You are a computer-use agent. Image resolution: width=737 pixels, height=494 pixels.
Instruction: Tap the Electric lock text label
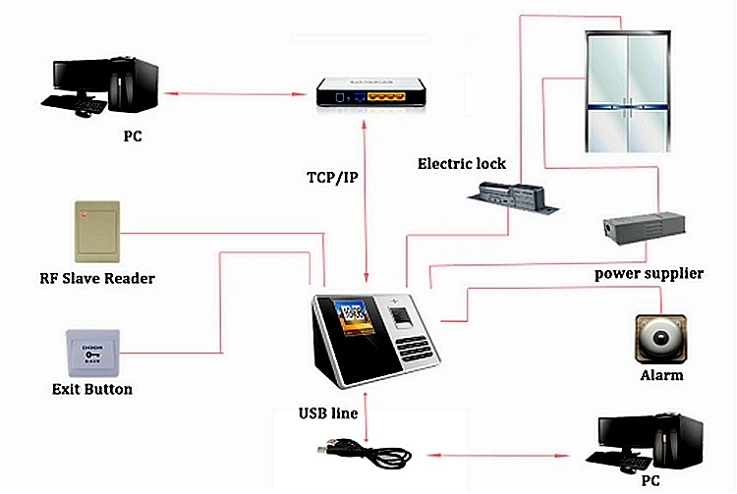click(x=462, y=163)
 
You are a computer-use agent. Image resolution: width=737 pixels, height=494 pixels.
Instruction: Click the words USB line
click(x=328, y=413)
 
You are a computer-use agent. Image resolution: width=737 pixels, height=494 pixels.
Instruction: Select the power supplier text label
click(x=649, y=273)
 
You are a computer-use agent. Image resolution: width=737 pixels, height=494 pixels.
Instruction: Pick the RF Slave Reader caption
click(x=95, y=278)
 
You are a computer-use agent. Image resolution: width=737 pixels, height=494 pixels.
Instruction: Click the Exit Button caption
click(x=91, y=389)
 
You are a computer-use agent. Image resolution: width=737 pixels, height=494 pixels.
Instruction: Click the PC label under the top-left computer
click(x=133, y=137)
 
